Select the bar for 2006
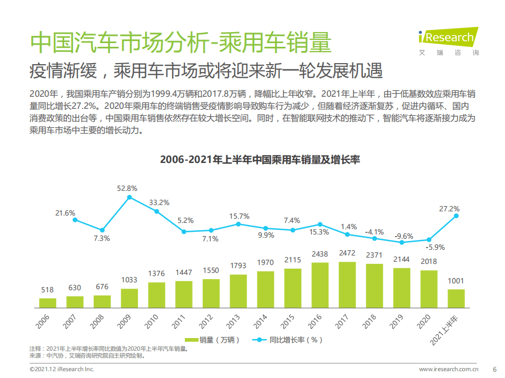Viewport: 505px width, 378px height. [47, 302]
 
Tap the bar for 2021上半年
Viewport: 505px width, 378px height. [456, 298]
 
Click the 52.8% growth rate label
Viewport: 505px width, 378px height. [127, 188]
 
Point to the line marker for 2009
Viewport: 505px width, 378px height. [130, 198]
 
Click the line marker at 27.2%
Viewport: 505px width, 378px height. [456, 216]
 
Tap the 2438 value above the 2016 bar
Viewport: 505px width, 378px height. [320, 253]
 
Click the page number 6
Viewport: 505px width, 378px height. [494, 370]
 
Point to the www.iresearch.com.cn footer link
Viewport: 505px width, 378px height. [449, 370]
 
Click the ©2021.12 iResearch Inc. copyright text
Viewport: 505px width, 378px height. [62, 370]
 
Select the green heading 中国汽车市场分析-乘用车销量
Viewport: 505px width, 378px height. [181, 43]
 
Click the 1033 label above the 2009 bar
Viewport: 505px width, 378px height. [129, 280]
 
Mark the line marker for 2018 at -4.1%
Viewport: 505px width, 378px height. [374, 238]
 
